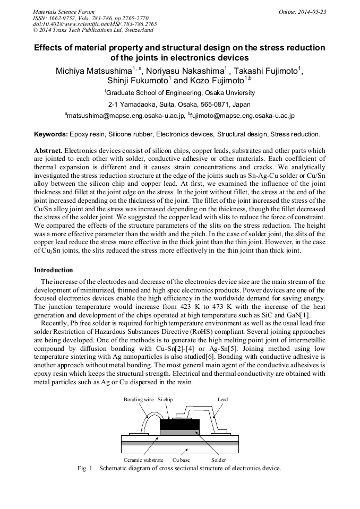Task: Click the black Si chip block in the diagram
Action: tap(179, 424)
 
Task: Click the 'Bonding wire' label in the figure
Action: tap(139, 399)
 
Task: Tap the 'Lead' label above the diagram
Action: tap(223, 399)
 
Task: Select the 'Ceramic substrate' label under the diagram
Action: tap(143, 460)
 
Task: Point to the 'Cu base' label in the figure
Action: tap(181, 460)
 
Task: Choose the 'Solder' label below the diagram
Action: tap(218, 460)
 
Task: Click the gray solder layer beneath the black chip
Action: tap(179, 433)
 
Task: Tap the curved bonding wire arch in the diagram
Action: tap(147, 417)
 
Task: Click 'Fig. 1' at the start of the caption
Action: tap(85, 468)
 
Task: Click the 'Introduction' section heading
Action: tap(54, 270)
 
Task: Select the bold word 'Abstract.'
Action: tap(48, 151)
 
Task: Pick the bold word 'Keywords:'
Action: tap(51, 134)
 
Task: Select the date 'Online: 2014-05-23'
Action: tap(303, 12)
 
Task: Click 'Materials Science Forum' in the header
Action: tap(64, 12)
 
